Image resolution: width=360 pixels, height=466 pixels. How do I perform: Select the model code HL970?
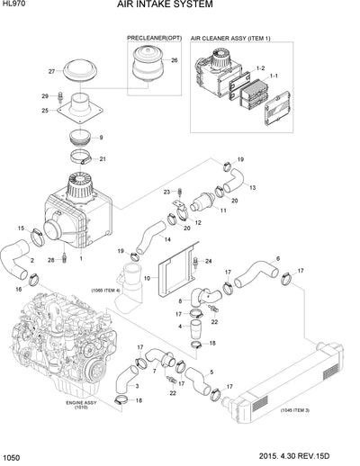tap(14, 6)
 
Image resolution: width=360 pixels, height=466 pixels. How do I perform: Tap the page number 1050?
tap(13, 458)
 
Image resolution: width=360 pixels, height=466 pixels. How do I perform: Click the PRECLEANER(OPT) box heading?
tap(154, 40)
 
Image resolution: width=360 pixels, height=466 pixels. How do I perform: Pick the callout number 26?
tap(175, 60)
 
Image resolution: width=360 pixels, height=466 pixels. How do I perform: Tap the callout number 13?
tap(253, 188)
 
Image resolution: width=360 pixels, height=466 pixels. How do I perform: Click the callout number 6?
tap(278, 258)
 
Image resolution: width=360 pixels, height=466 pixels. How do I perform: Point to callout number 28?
tap(51, 260)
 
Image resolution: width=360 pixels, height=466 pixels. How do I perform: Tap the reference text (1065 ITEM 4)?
tap(106, 291)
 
